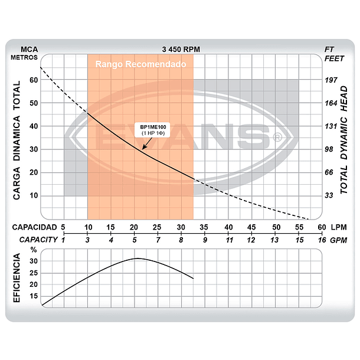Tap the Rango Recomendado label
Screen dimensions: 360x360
(x=140, y=64)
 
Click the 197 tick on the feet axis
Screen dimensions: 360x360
(x=330, y=80)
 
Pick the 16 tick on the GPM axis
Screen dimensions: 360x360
(x=321, y=240)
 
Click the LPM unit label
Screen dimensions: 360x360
(x=339, y=227)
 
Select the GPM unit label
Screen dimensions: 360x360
(x=339, y=240)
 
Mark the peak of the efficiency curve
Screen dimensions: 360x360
(x=137, y=258)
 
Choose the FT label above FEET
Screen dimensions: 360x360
(x=329, y=49)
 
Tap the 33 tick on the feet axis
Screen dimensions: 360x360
(x=330, y=195)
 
